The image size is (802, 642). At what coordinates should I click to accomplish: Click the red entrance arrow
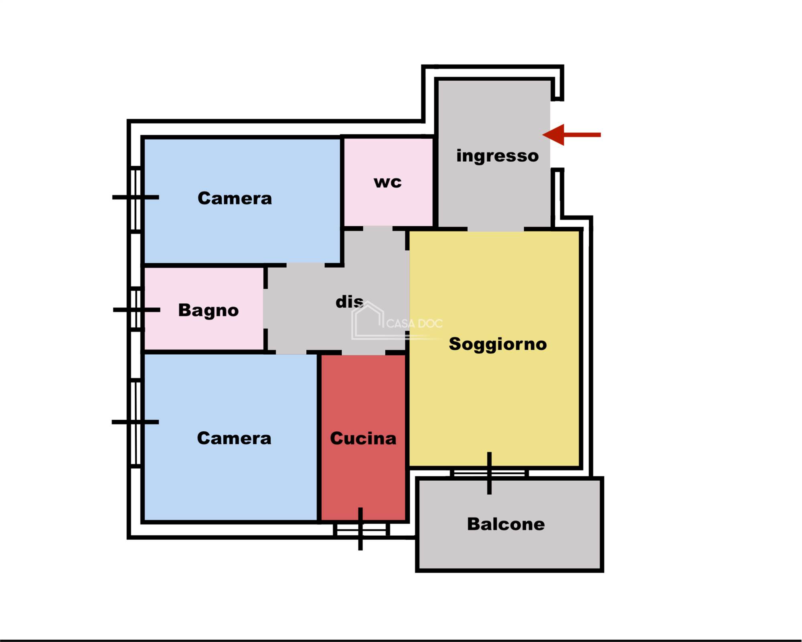click(571, 135)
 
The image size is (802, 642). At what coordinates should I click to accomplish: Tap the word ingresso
click(497, 156)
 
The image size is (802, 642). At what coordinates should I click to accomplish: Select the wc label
click(387, 182)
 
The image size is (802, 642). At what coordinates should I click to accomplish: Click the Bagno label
click(208, 310)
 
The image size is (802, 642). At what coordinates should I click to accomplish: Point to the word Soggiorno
click(498, 344)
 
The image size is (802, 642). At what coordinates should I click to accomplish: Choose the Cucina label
click(363, 438)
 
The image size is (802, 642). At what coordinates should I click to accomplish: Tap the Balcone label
click(506, 524)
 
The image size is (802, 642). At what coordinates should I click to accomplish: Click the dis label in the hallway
click(349, 302)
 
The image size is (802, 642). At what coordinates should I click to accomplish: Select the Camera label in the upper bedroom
click(235, 198)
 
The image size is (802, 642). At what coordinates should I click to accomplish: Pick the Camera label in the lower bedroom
click(234, 438)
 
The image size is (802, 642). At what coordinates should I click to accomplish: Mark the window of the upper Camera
click(136, 199)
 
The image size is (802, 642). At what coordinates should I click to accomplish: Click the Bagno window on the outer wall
click(136, 309)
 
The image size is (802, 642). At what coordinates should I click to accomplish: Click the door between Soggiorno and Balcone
click(489, 473)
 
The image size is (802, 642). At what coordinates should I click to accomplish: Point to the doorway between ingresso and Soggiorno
click(496, 229)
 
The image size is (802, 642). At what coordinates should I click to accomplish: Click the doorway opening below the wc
click(378, 229)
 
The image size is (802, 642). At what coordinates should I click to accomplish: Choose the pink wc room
click(388, 182)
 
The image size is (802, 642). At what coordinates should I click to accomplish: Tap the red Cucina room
click(363, 437)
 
